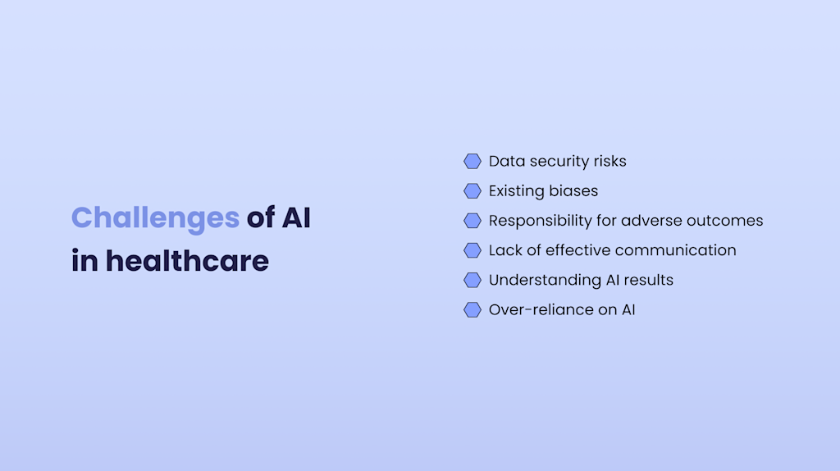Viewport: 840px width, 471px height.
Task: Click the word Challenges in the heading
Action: point(155,218)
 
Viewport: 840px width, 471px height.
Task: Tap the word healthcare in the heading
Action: point(187,261)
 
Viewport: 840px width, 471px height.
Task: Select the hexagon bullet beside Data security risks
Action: point(472,161)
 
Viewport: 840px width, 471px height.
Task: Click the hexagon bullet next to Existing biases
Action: point(472,191)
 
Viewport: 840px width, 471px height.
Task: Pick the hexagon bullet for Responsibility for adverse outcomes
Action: point(472,221)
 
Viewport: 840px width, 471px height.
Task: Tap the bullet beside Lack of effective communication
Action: point(472,250)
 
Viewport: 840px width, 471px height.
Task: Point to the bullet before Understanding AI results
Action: point(472,280)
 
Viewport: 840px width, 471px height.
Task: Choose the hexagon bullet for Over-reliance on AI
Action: point(472,309)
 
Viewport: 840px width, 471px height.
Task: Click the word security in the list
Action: point(559,162)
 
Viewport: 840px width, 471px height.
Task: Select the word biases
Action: point(573,191)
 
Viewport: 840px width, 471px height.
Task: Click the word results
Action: point(647,280)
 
